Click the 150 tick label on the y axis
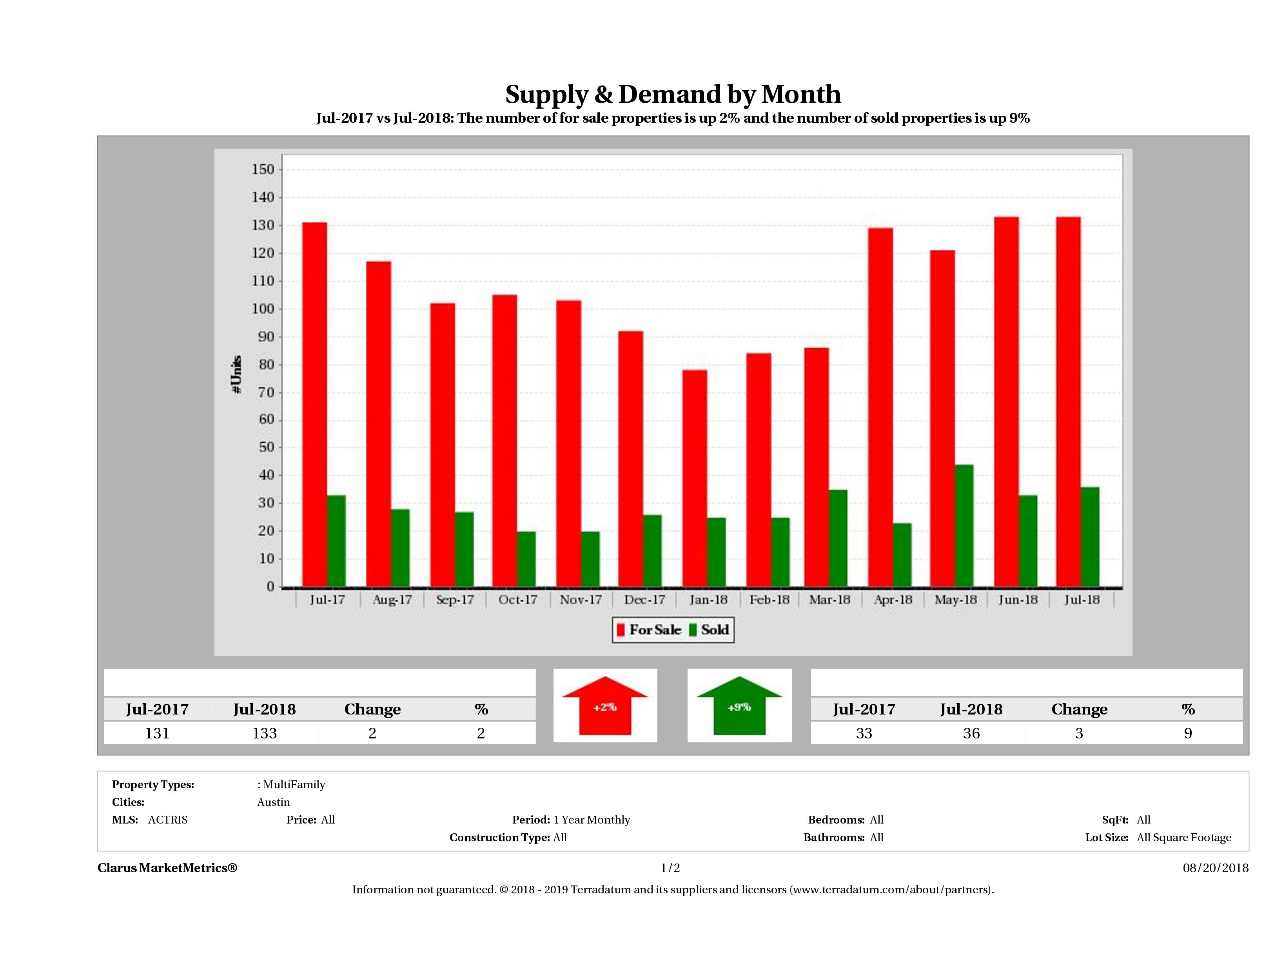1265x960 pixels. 263,169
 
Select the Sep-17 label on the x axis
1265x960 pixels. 455,600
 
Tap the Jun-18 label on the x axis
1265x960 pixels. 1018,600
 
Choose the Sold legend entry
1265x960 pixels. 709,630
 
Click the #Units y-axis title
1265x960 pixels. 236,375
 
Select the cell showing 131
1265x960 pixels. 157,733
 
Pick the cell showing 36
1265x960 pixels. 971,733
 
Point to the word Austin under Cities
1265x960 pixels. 273,802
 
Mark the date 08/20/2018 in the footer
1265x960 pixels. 1215,868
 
